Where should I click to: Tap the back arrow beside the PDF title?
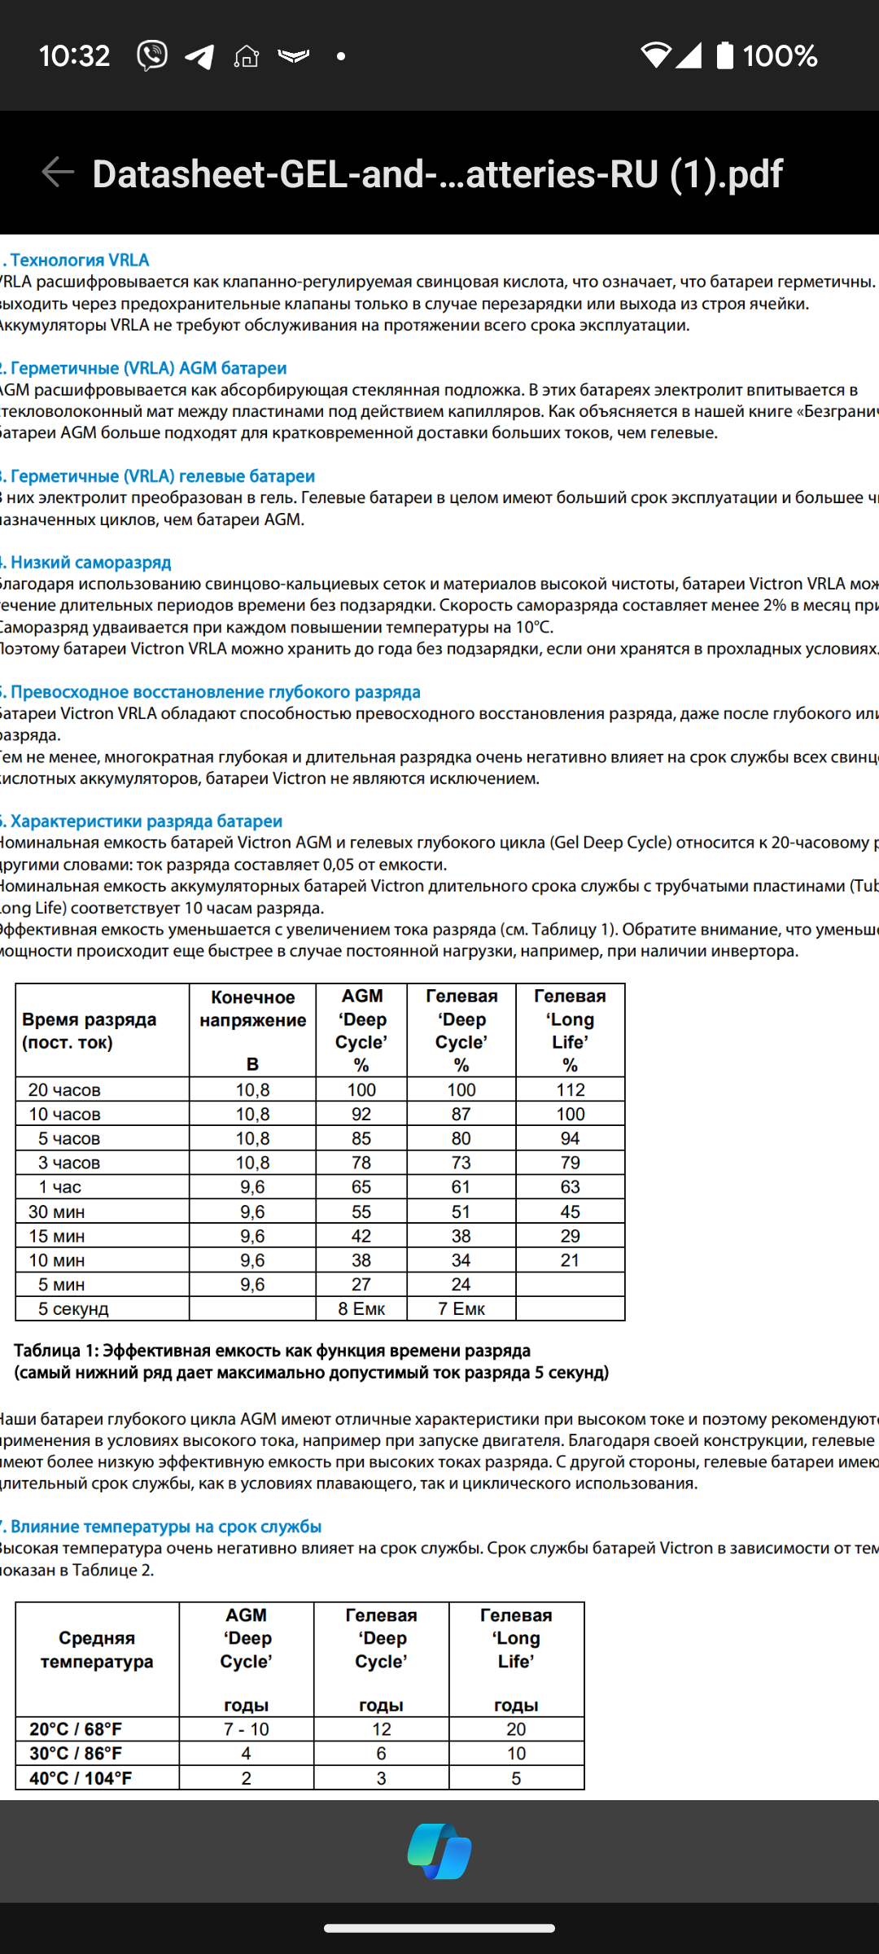tap(58, 172)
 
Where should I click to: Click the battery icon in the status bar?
tap(724, 55)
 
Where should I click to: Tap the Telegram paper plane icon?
tap(199, 56)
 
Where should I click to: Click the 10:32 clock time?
tap(74, 56)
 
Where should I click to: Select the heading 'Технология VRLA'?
tap(79, 260)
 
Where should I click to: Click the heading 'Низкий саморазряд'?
tap(90, 562)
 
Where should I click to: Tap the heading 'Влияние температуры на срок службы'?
tap(165, 1526)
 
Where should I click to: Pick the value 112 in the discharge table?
tap(570, 1089)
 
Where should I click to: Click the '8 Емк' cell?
tap(361, 1308)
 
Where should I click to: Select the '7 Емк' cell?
tap(461, 1308)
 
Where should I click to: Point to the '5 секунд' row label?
tap(73, 1308)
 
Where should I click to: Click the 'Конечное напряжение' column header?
tap(252, 1009)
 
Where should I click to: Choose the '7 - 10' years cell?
tap(246, 1728)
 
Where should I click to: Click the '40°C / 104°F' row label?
tap(81, 1778)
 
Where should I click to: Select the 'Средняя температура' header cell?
tap(97, 1650)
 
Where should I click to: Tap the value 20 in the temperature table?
tap(516, 1728)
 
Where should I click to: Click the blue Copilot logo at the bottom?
tap(439, 1851)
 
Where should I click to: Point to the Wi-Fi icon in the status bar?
tap(655, 55)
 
